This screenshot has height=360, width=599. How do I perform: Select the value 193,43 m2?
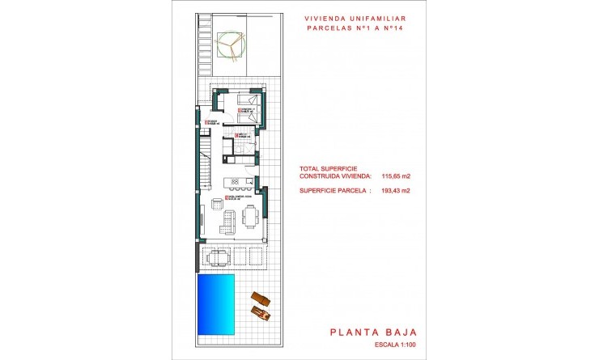point(394,191)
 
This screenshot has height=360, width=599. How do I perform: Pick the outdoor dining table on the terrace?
point(219,258)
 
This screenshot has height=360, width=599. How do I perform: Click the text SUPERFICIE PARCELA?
point(334,191)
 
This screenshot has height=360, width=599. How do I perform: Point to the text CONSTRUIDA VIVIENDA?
point(335,176)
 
